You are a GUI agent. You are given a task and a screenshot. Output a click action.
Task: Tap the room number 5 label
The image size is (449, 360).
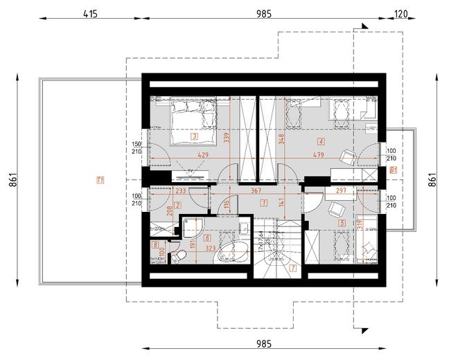point(342,223)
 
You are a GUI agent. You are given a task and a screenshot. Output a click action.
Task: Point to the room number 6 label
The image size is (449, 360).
point(207,237)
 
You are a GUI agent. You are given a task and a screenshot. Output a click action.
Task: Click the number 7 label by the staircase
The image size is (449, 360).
point(293,268)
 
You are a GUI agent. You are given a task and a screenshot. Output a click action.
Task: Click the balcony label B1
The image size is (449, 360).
point(393,169)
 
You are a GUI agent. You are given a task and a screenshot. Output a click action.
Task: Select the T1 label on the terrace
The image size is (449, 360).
point(100,181)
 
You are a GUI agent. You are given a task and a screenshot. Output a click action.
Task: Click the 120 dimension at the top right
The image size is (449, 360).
point(400,13)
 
